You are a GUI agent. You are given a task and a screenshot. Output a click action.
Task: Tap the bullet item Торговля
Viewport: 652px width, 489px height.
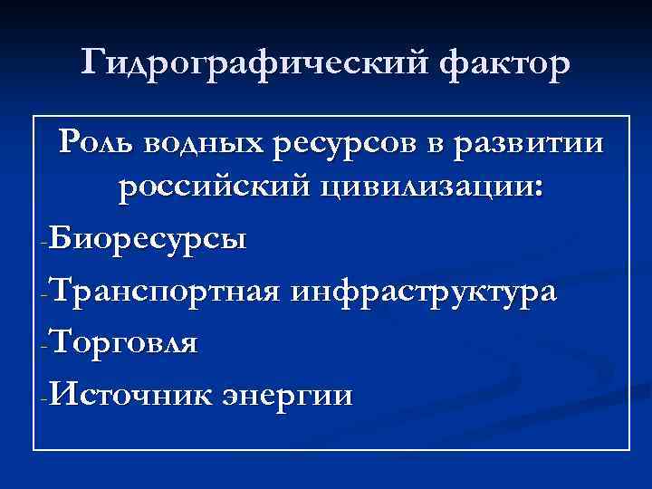coord(125,345)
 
